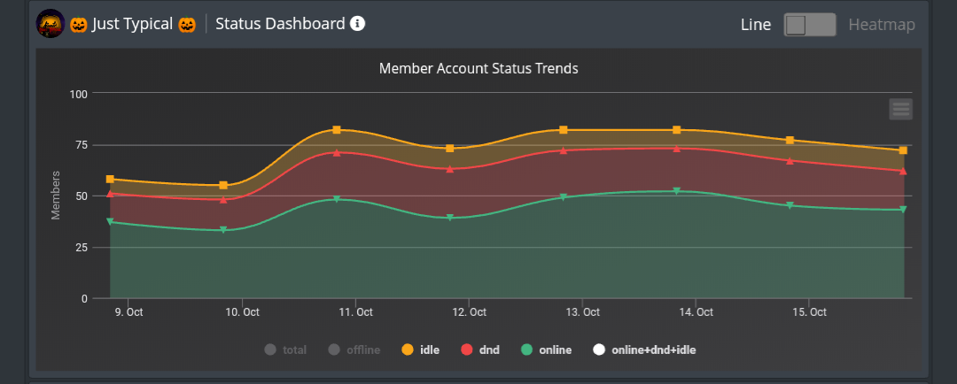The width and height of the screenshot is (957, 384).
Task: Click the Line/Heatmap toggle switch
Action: click(x=810, y=25)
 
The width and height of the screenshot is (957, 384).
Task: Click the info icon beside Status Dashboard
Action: click(x=357, y=24)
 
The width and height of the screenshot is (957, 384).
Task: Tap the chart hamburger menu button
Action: click(x=900, y=109)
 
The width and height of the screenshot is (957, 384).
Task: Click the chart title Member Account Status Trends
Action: click(x=478, y=68)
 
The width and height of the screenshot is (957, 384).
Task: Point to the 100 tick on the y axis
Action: click(x=78, y=93)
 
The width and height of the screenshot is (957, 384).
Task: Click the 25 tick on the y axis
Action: click(x=81, y=247)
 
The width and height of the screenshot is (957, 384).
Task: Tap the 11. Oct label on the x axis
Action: click(x=354, y=312)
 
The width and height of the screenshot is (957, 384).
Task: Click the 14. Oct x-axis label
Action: click(x=696, y=312)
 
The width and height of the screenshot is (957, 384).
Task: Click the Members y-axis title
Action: click(x=56, y=195)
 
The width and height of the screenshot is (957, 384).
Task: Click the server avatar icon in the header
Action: click(x=50, y=24)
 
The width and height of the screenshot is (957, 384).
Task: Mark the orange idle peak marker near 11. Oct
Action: click(x=337, y=130)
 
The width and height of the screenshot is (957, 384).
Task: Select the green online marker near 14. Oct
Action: click(x=677, y=191)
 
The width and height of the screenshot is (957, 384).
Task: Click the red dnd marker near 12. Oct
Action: click(x=450, y=168)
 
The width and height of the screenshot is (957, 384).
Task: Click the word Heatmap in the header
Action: click(x=882, y=25)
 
